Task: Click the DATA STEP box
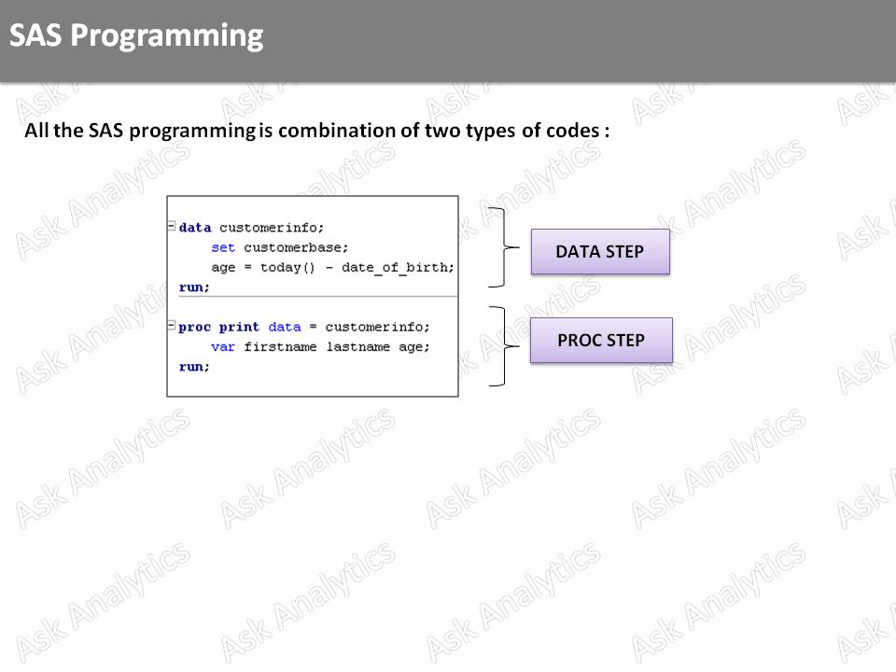(600, 252)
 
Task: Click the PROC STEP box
(601, 341)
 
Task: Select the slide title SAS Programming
(136, 35)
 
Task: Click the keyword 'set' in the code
(223, 247)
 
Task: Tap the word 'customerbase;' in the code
(296, 247)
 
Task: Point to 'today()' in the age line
(287, 268)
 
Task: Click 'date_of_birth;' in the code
(398, 268)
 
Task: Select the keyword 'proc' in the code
(194, 327)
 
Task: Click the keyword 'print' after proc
(239, 327)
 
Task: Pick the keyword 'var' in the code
(223, 347)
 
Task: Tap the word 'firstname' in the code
(280, 347)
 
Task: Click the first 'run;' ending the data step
(194, 287)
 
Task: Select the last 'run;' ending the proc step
(194, 367)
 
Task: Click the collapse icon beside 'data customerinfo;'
(172, 226)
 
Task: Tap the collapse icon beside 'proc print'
(172, 326)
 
